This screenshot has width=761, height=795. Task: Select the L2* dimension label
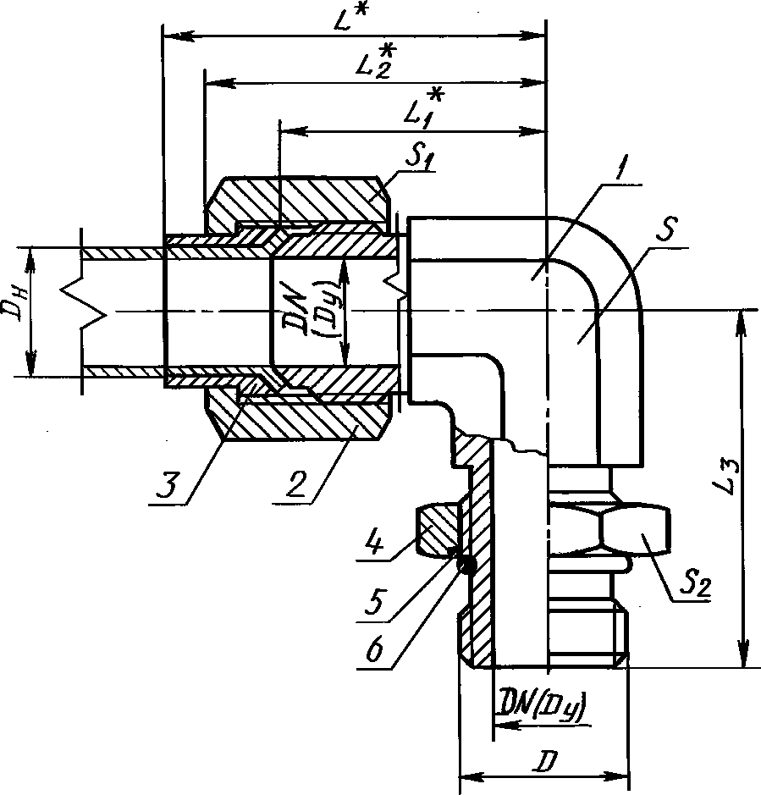point(376,61)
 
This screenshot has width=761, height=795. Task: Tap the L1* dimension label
point(424,108)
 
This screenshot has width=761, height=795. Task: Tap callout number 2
point(297,484)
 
